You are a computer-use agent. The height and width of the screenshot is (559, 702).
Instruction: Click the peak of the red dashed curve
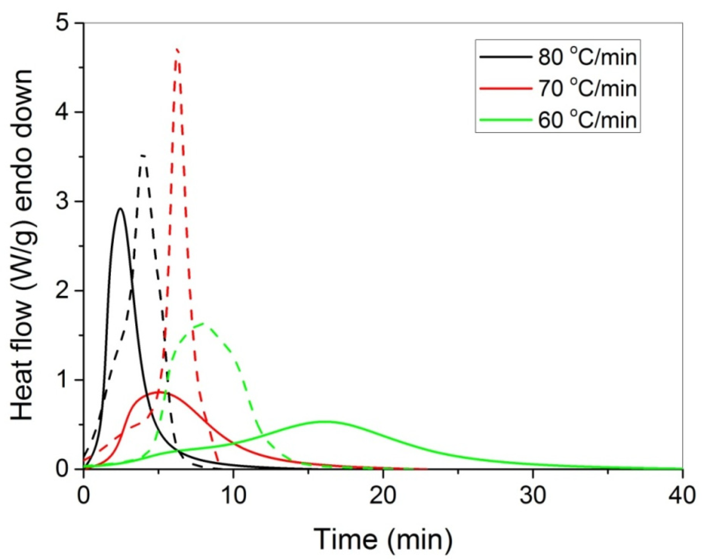pyautogui.click(x=177, y=49)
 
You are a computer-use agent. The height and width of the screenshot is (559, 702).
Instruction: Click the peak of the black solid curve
pyautogui.click(x=120, y=209)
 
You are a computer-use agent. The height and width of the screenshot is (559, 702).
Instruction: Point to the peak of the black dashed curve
pyautogui.click(x=143, y=156)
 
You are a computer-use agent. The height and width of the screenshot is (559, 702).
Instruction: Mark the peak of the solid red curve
pyautogui.click(x=158, y=392)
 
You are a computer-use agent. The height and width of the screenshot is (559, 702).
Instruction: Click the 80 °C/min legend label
pyautogui.click(x=587, y=57)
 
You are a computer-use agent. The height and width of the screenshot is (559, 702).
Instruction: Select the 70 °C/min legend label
pyautogui.click(x=587, y=88)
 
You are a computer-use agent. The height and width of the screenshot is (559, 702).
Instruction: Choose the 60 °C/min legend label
pyautogui.click(x=587, y=119)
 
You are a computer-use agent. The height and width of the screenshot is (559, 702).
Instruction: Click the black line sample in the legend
pyautogui.click(x=505, y=57)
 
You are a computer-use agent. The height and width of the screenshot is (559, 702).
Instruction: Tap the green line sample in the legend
pyautogui.click(x=505, y=119)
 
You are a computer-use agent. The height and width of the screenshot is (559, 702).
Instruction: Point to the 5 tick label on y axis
pyautogui.click(x=63, y=23)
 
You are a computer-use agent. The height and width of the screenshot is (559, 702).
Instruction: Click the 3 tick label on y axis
pyautogui.click(x=63, y=202)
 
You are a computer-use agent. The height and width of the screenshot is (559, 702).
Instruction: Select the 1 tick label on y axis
pyautogui.click(x=63, y=380)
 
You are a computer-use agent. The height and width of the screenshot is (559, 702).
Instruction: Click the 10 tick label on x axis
pyautogui.click(x=233, y=496)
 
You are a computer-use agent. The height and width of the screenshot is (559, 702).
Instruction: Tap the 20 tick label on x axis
pyautogui.click(x=383, y=496)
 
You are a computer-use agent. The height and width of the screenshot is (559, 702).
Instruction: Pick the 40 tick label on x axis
pyautogui.click(x=682, y=496)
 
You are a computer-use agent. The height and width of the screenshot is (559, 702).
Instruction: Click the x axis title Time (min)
pyautogui.click(x=383, y=538)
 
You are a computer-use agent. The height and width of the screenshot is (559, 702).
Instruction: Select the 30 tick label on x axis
pyautogui.click(x=533, y=496)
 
